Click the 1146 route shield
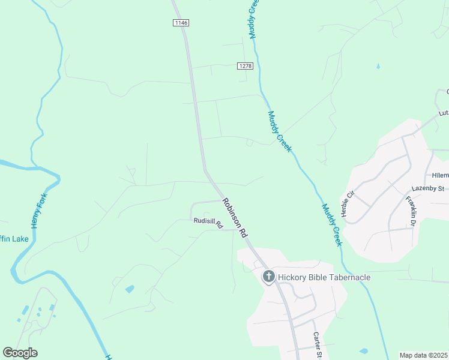coord(181,23)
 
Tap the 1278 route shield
coord(244,66)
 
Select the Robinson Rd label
coord(235,218)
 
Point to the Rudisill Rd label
coord(208,222)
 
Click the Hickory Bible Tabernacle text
coord(324,277)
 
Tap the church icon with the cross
coord(269,277)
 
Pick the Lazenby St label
coord(427,188)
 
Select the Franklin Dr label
coord(411,211)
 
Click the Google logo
coord(20,353)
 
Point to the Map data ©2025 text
coord(423,355)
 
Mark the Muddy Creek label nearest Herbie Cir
coord(331,225)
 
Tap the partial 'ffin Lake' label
coord(13,239)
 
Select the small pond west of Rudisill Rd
coord(130,289)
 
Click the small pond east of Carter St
coord(363,350)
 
